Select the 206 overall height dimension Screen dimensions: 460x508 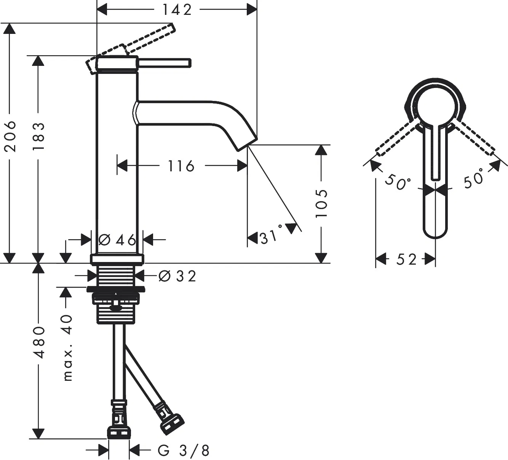[x=10, y=136]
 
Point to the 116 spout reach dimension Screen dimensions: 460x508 [x=181, y=166]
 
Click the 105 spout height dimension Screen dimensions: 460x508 [x=321, y=203]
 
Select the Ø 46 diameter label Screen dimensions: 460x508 [x=117, y=240]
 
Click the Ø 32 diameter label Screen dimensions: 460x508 [x=177, y=276]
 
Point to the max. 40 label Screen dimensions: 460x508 [x=67, y=347]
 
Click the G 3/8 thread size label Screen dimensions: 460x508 [x=184, y=450]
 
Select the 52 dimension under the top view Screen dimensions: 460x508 [x=406, y=260]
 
